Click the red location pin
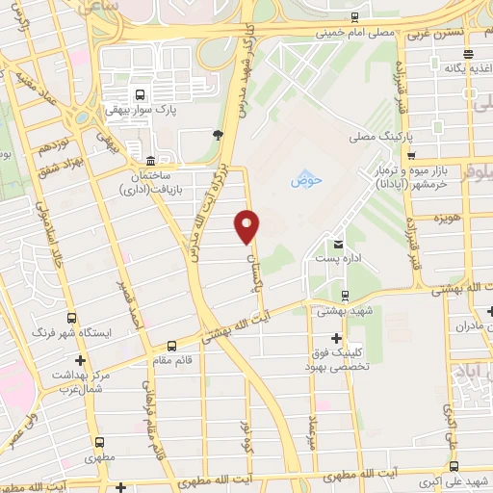coord(247,225)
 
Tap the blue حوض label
coord(304,180)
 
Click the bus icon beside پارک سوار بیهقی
coord(141,94)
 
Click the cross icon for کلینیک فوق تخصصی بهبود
coord(335,338)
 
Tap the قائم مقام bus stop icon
coord(172,347)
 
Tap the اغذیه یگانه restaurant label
coord(464,68)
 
